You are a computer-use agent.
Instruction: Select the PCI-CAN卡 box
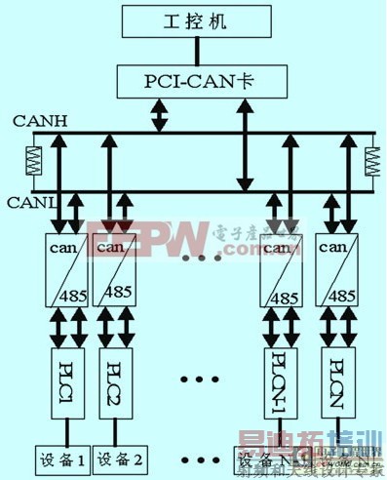[x=192, y=79]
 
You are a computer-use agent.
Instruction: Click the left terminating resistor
[x=33, y=161]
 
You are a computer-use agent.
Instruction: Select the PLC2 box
[x=114, y=373]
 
